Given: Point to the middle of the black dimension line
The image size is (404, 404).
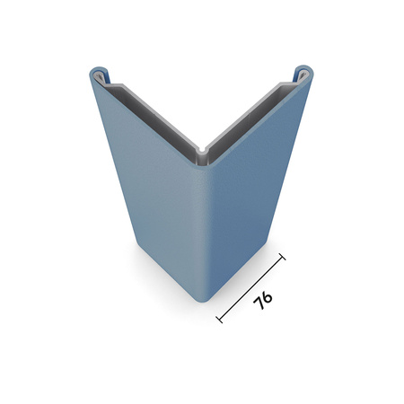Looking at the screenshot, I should tap(251, 287).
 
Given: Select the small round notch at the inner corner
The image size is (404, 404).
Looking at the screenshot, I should tap(202, 148).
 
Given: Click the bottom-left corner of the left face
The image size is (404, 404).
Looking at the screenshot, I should tap(136, 242).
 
